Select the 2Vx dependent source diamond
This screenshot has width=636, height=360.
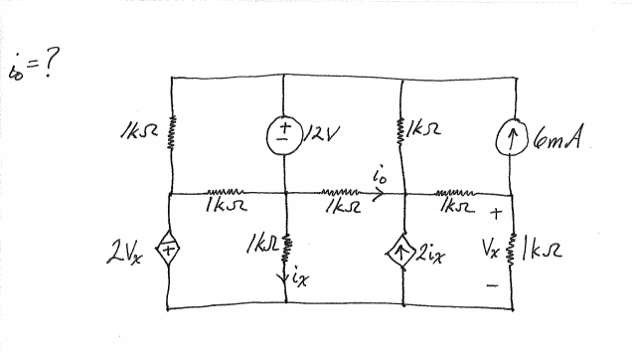[170, 252]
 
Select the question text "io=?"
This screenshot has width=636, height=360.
[34, 69]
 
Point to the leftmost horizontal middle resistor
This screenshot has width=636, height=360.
[227, 193]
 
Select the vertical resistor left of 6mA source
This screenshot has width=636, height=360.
[399, 131]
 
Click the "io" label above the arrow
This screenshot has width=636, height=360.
[376, 176]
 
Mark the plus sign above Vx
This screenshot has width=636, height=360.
[494, 212]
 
